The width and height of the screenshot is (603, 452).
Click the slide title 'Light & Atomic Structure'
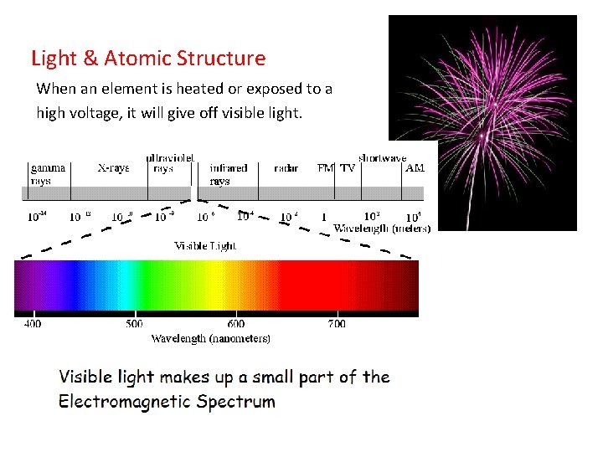[x=148, y=59]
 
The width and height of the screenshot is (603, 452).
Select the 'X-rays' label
[x=113, y=168]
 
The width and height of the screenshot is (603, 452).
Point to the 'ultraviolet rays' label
[x=170, y=162]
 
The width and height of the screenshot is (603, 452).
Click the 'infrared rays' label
[x=228, y=173]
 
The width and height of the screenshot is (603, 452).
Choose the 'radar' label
[x=286, y=168]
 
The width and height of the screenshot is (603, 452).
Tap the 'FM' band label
[x=326, y=168]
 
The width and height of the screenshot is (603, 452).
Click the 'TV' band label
[x=348, y=168]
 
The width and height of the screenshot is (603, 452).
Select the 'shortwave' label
[x=383, y=157]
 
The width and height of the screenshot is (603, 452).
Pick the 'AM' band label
[x=415, y=168]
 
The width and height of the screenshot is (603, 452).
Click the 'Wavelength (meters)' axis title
[x=382, y=228]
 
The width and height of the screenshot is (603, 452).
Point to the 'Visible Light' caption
[x=205, y=246]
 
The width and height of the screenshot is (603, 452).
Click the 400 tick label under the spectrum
[x=33, y=324]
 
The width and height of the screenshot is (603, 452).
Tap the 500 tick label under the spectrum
[x=134, y=324]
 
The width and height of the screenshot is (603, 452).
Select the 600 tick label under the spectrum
[x=236, y=324]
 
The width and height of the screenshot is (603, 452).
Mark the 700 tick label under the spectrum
[x=337, y=324]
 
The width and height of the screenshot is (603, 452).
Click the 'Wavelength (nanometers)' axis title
[x=210, y=339]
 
